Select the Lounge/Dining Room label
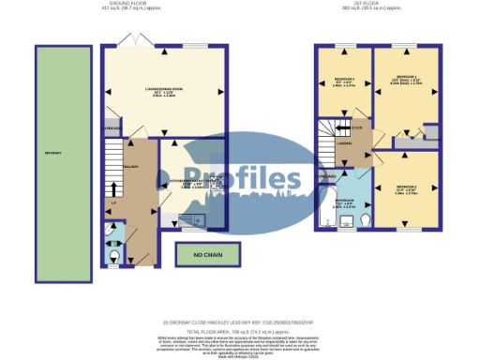click(x=164, y=91)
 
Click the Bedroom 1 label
click(x=410, y=78)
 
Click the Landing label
click(x=344, y=143)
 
